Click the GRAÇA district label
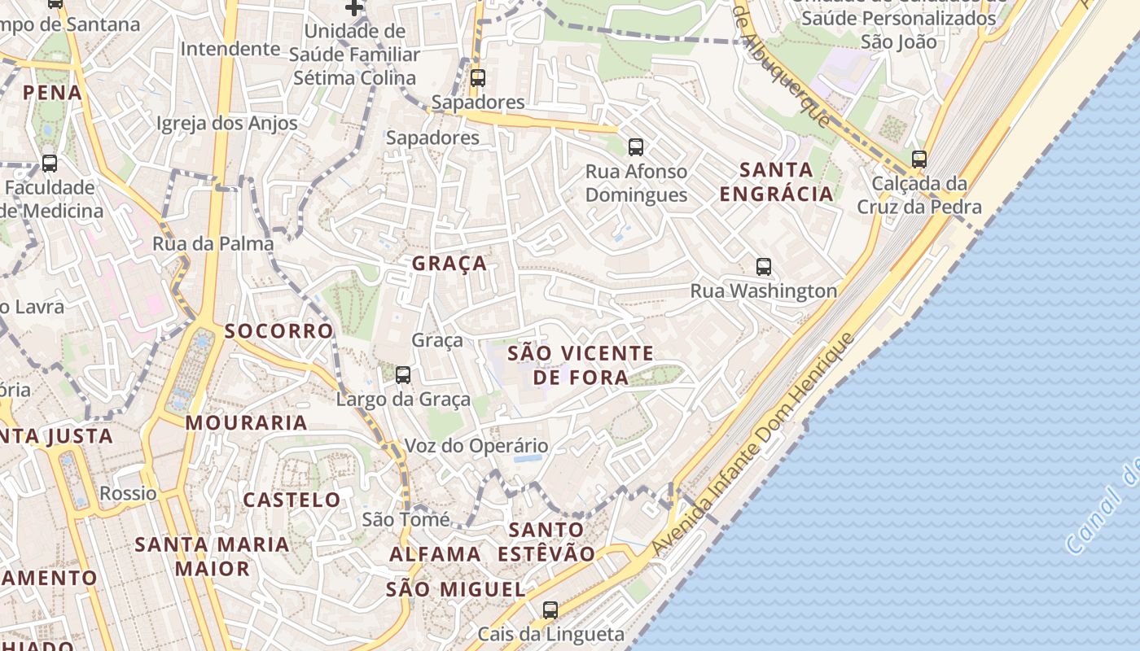pyautogui.click(x=449, y=264)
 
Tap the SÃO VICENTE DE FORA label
pyautogui.click(x=581, y=365)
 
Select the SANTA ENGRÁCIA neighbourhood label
pyautogui.click(x=777, y=181)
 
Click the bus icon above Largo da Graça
pyautogui.click(x=403, y=375)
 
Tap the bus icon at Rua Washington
pyautogui.click(x=764, y=267)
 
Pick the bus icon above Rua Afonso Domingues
pyautogui.click(x=636, y=147)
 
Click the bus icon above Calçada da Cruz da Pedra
pyautogui.click(x=919, y=159)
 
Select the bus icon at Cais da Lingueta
pyautogui.click(x=550, y=609)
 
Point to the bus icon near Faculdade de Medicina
pyautogui.click(x=50, y=164)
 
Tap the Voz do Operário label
pyautogui.click(x=476, y=446)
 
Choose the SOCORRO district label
pyautogui.click(x=279, y=331)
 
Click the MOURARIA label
pyautogui.click(x=246, y=423)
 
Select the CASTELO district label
pyautogui.click(x=292, y=500)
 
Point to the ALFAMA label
pyautogui.click(x=435, y=554)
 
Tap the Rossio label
pyautogui.click(x=128, y=493)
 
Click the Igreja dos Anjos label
pyautogui.click(x=227, y=124)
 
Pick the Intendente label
pyautogui.click(x=230, y=49)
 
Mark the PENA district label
pyautogui.click(x=53, y=93)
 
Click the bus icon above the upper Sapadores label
pyautogui.click(x=478, y=78)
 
